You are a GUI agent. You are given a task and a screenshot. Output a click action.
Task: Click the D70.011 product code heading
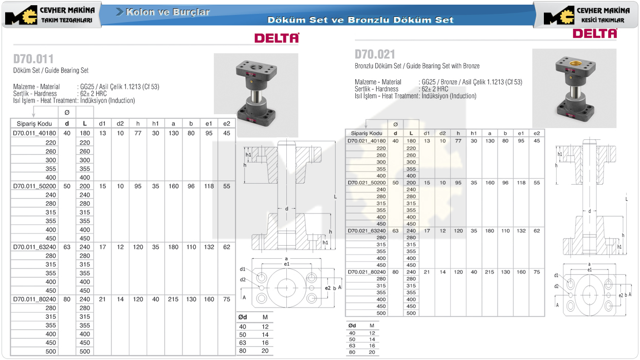33,59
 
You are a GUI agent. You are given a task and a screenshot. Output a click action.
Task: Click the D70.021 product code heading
375,55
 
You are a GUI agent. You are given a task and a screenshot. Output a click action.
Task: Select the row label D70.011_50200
34,186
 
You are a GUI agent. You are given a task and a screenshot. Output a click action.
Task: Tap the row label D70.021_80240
367,272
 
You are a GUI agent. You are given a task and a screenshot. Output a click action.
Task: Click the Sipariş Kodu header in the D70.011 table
34,123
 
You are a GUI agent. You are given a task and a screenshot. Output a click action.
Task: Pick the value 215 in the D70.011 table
173,299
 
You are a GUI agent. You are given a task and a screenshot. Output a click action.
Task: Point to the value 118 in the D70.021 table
521,183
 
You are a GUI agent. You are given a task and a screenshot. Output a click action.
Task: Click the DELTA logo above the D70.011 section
277,38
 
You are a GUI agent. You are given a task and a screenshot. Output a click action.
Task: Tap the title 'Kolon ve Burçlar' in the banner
168,12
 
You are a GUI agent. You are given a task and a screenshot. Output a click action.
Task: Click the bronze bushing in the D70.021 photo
574,63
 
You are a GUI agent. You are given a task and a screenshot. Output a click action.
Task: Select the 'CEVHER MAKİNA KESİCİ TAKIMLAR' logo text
603,15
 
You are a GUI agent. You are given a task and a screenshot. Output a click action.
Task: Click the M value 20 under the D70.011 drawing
265,351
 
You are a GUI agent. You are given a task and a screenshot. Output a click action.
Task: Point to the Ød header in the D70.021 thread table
352,326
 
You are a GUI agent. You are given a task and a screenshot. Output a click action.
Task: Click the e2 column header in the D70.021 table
537,133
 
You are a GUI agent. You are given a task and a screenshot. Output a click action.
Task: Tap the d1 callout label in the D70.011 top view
243,269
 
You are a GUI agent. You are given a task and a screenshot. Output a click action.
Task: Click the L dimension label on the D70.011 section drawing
336,197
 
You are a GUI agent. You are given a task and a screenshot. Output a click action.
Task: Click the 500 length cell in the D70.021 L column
411,313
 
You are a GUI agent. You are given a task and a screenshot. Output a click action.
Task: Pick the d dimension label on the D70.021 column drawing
590,211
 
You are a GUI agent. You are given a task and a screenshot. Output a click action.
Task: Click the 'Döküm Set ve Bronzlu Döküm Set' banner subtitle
360,20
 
